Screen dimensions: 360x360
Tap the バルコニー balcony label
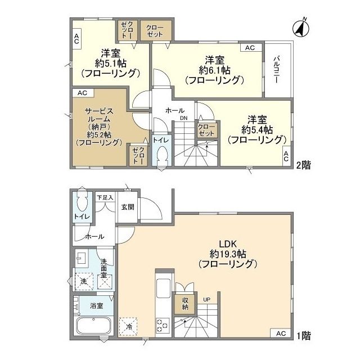(x=277, y=70)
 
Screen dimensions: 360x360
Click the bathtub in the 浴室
(x=93, y=326)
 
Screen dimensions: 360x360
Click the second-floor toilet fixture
(x=162, y=155)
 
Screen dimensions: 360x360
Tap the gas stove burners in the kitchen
(x=162, y=325)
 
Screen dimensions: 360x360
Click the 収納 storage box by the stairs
(x=185, y=304)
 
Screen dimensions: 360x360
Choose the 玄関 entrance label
(x=127, y=206)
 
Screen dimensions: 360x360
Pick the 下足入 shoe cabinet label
(x=104, y=197)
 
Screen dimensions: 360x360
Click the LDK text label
(x=228, y=244)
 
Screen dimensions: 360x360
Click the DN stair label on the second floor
(x=184, y=118)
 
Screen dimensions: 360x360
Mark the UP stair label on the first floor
(x=207, y=299)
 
